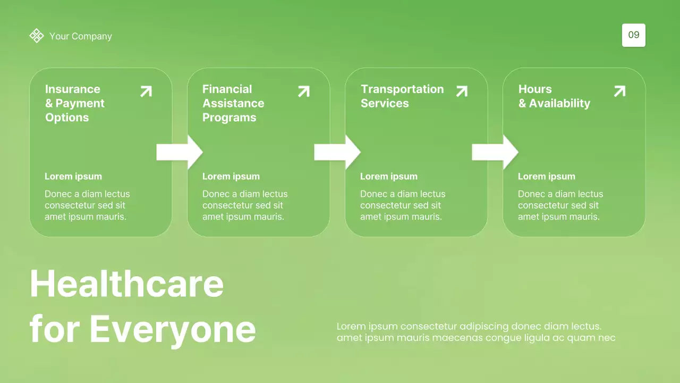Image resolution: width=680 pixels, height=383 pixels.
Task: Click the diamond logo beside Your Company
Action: click(x=36, y=36)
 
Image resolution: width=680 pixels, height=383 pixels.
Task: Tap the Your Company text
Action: click(x=81, y=36)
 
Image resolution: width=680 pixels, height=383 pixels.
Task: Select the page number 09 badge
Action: click(x=633, y=35)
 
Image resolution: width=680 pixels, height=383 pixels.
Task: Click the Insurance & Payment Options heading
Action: click(x=74, y=103)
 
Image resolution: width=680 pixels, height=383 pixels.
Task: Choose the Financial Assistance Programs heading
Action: click(x=233, y=103)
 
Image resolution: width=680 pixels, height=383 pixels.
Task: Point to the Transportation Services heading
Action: click(x=402, y=96)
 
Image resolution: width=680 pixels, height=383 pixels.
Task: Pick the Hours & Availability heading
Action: click(x=554, y=96)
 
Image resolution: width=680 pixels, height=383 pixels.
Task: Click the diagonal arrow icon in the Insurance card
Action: click(x=146, y=91)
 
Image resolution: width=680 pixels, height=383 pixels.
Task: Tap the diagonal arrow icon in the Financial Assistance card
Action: click(x=304, y=91)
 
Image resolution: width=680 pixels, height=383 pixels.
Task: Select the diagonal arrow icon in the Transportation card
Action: click(x=462, y=91)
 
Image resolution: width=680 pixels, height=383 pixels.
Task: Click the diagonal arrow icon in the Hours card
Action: click(x=619, y=91)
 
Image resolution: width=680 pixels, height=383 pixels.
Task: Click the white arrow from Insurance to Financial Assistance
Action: click(x=179, y=152)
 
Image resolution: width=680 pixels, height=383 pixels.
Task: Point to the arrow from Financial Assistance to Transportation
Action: click(x=337, y=152)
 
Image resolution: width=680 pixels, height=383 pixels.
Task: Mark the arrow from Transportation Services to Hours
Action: click(x=495, y=152)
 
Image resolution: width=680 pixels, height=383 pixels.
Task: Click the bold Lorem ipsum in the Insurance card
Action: click(x=73, y=177)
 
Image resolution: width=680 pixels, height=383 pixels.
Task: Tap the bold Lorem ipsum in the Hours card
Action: click(x=547, y=177)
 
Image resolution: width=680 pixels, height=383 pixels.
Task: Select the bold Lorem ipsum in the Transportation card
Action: click(x=389, y=177)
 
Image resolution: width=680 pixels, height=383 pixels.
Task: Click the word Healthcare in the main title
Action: click(x=126, y=284)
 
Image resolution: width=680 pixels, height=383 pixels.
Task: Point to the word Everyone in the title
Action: click(x=173, y=329)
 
